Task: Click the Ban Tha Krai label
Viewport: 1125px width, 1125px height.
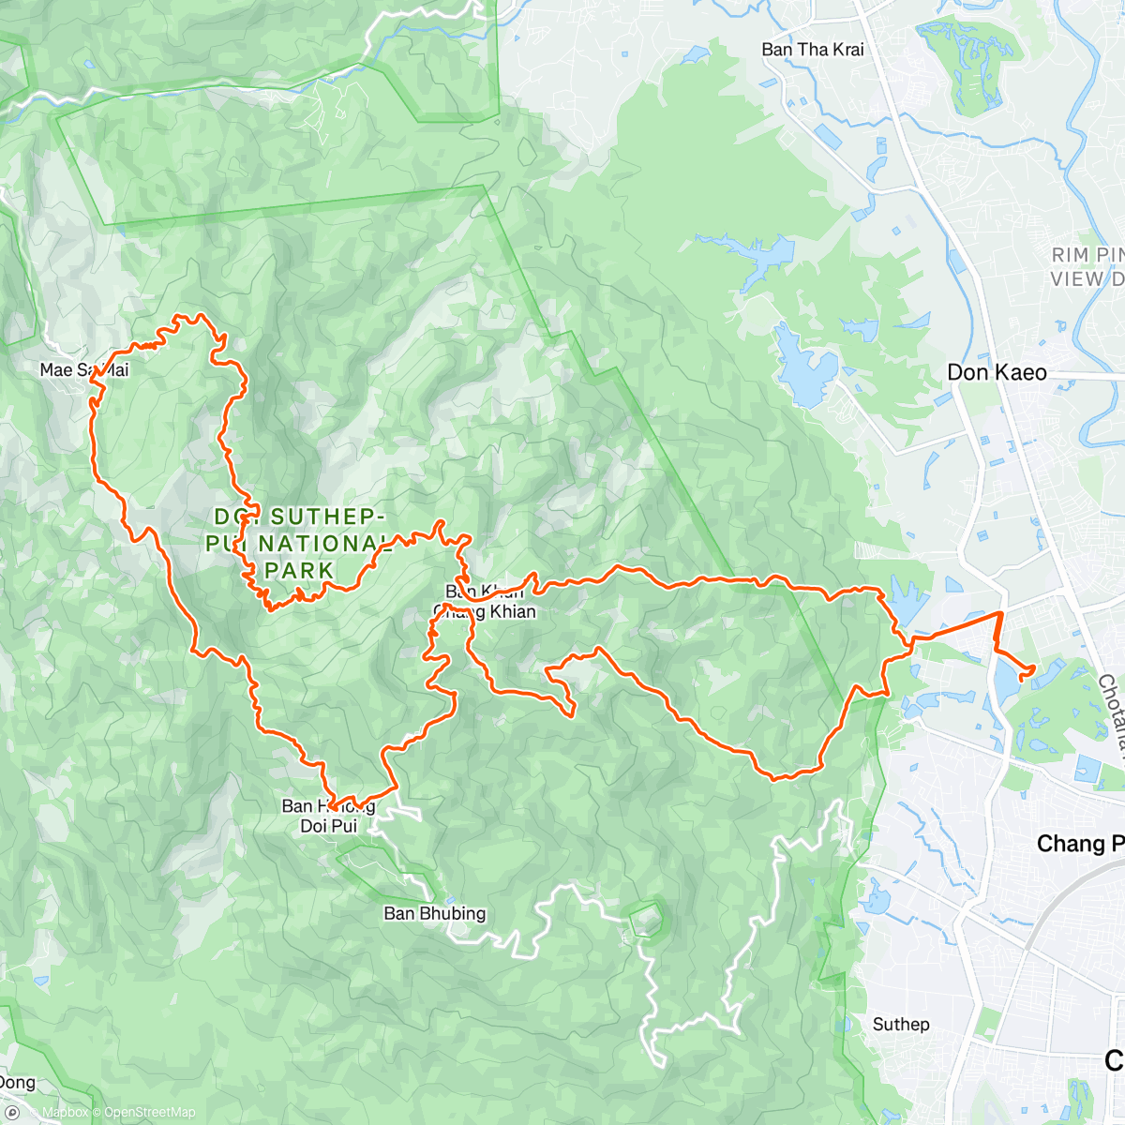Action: [x=812, y=50]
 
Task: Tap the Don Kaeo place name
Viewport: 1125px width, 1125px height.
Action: [x=997, y=372]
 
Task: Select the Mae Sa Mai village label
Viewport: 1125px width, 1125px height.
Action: [x=83, y=370]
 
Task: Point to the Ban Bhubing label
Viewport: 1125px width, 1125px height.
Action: [x=435, y=913]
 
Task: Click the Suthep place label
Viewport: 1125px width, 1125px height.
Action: [x=901, y=1024]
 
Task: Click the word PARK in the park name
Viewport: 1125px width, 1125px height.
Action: [x=299, y=570]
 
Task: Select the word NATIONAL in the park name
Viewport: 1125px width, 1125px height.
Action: [x=324, y=544]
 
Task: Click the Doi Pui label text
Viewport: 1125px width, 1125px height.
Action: [x=328, y=826]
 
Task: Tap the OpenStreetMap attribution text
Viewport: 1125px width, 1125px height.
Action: [x=150, y=1113]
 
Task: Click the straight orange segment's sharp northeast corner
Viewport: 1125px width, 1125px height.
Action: [x=1001, y=612]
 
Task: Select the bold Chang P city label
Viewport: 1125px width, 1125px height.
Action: [x=1078, y=844]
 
